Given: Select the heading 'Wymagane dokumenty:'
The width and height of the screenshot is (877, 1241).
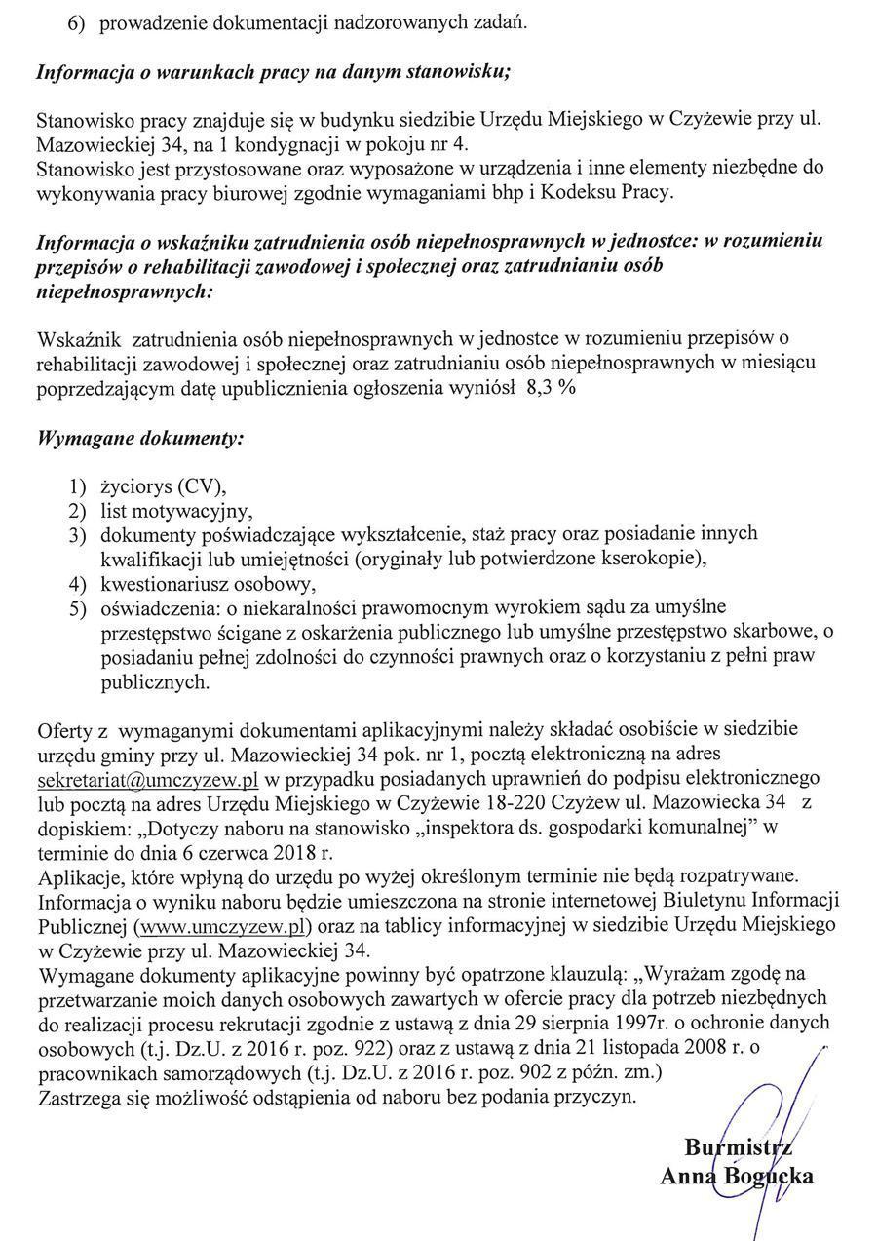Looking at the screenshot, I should pyautogui.click(x=139, y=438).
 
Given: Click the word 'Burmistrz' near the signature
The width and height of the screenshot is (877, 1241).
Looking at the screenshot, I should pyautogui.click(x=738, y=1147).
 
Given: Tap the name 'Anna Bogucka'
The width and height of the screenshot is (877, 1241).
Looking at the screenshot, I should pyautogui.click(x=737, y=1177).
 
